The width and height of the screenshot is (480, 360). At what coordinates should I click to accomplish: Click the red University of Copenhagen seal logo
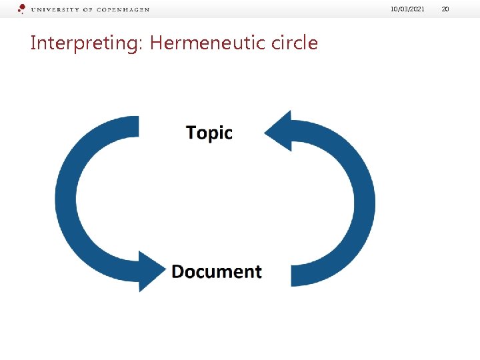(21, 9)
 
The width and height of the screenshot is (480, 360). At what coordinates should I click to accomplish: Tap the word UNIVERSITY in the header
(55, 10)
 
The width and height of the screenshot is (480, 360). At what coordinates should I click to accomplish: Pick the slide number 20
(445, 9)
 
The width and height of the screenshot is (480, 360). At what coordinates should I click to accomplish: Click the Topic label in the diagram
(209, 133)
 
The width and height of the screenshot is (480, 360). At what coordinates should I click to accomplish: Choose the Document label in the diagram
(217, 271)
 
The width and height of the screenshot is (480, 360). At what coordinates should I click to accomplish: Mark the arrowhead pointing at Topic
(279, 131)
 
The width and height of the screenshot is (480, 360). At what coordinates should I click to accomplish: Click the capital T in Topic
(192, 133)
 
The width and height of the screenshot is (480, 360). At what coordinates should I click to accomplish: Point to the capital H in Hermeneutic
(157, 43)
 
